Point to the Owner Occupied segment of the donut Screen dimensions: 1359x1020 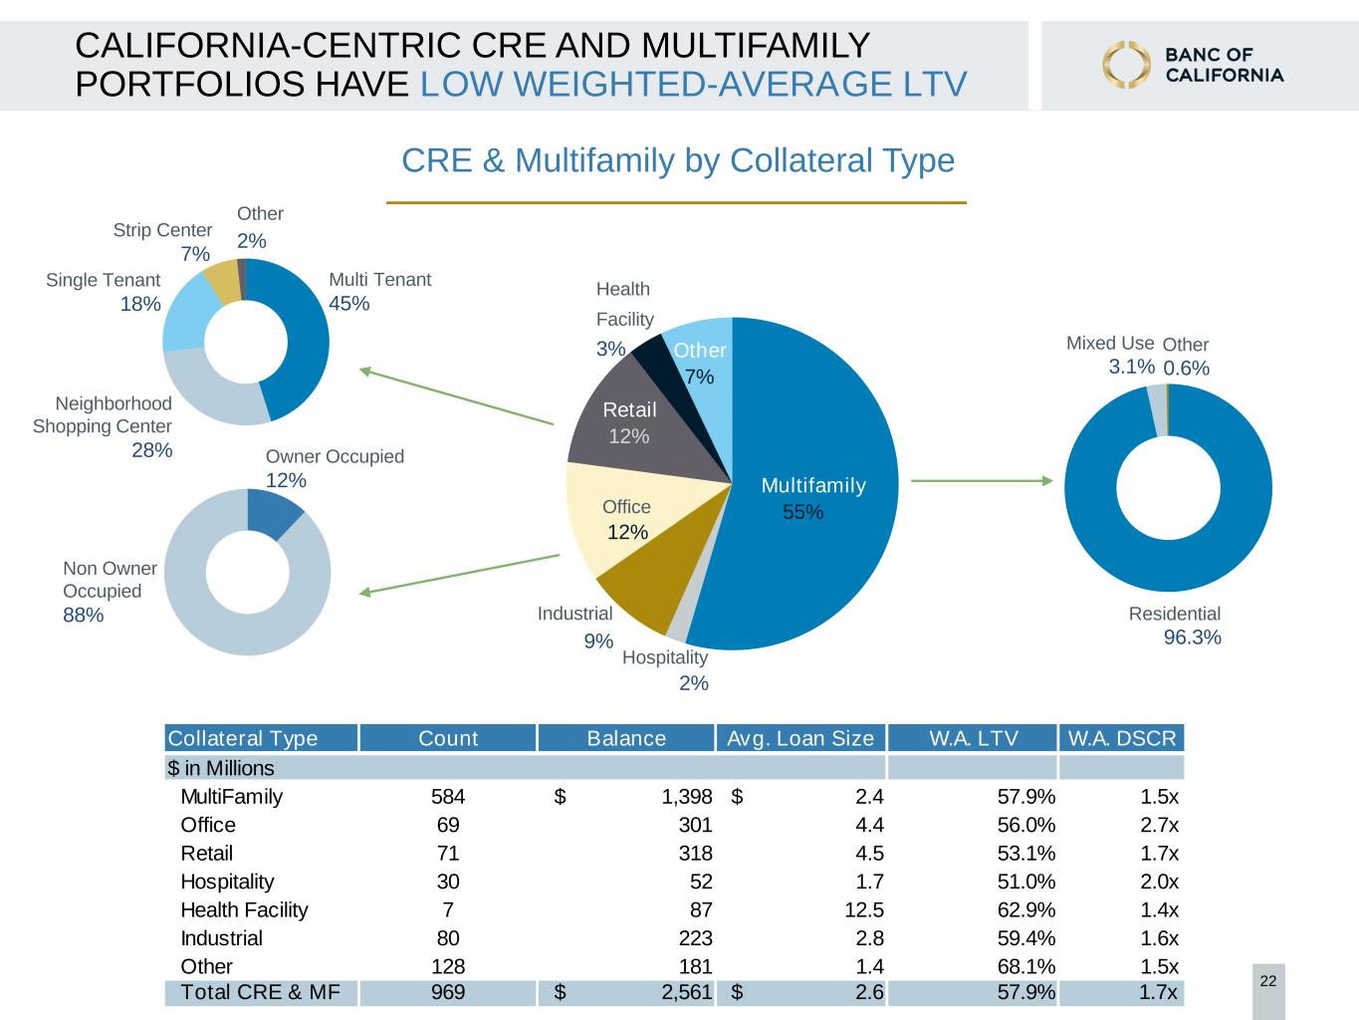point(273,511)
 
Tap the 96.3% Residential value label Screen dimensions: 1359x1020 point(1192,637)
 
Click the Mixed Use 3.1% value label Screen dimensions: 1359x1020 point(1131,367)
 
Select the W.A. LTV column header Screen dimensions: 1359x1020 point(973,737)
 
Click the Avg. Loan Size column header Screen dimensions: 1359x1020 point(799,737)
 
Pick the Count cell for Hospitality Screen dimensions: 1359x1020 point(448,882)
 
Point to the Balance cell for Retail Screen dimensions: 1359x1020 point(695,853)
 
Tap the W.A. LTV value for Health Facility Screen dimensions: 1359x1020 point(1025,909)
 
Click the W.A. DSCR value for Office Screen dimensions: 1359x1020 point(1159,825)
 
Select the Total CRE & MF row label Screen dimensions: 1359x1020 point(260,991)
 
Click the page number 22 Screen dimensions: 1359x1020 point(1268,981)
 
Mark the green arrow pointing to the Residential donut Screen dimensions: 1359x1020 point(982,480)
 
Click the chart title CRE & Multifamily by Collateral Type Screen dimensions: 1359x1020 point(678,160)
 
